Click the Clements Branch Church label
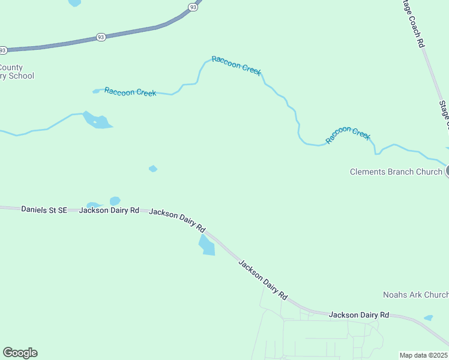click(x=396, y=172)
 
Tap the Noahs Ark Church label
click(x=415, y=295)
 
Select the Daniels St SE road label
click(x=44, y=210)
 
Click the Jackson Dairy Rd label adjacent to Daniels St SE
click(x=109, y=211)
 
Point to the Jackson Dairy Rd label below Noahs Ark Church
click(x=359, y=314)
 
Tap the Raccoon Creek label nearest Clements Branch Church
click(x=348, y=135)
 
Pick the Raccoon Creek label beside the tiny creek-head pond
click(x=130, y=92)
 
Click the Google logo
click(x=20, y=353)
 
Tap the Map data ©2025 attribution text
click(x=424, y=355)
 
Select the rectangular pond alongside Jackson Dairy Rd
click(x=207, y=245)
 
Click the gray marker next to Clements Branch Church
click(x=448, y=172)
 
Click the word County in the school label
click(x=12, y=67)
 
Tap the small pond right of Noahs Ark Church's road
click(x=428, y=317)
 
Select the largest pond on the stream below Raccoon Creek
click(x=98, y=121)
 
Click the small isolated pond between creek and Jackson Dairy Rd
click(x=153, y=169)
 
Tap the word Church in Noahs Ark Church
click(x=436, y=295)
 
